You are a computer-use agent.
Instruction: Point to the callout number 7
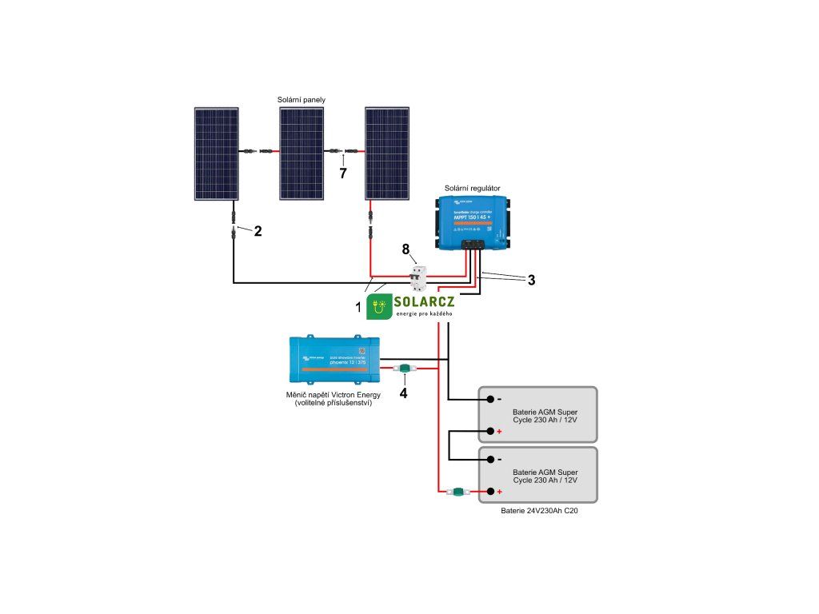(343, 173)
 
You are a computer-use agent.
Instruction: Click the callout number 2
(258, 231)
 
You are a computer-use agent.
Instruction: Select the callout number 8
(406, 250)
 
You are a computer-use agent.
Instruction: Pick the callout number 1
(358, 305)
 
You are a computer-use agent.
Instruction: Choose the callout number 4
(403, 393)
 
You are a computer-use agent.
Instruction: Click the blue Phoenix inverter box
(333, 358)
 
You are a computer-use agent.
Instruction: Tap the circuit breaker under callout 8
(416, 280)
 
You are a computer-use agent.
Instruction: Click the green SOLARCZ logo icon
(379, 306)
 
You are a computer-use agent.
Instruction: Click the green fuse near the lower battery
(459, 492)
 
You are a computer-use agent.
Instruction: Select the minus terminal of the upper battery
(486, 399)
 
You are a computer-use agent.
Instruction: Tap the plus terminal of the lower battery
(486, 492)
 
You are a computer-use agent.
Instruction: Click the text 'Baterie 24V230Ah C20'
(539, 510)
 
